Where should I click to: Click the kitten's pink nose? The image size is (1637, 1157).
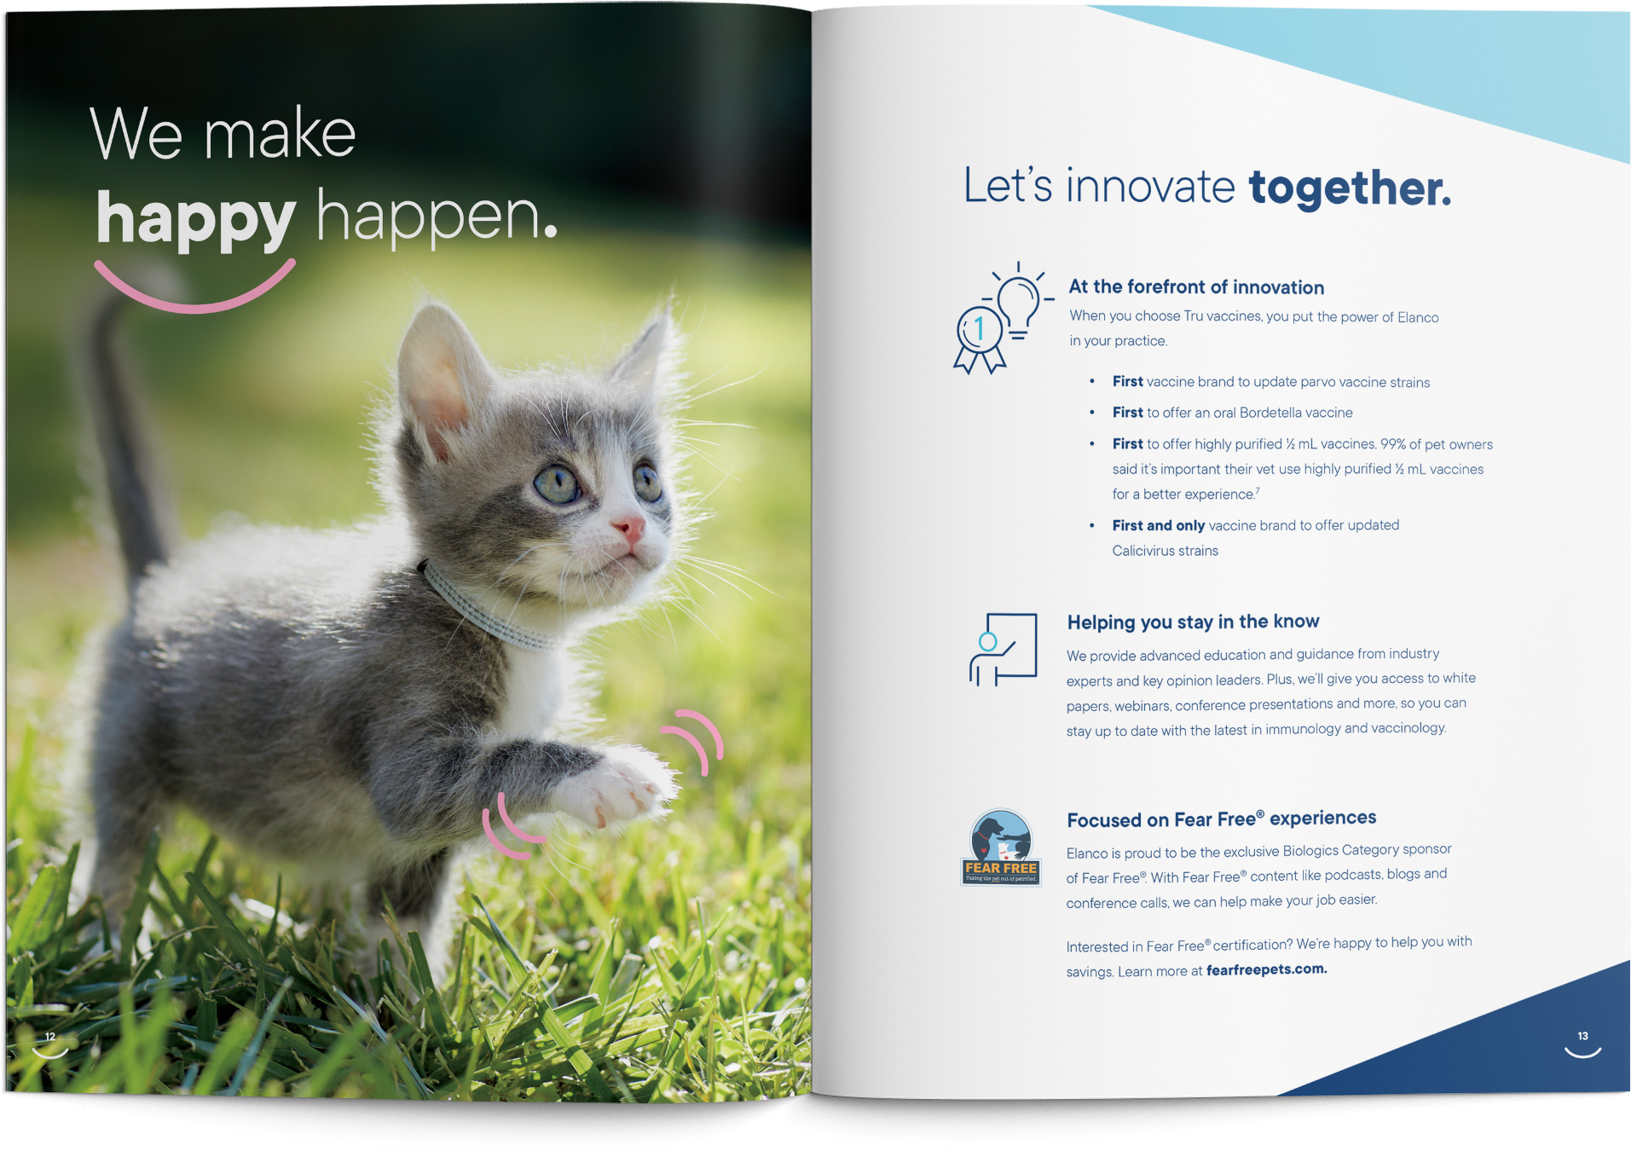pyautogui.click(x=628, y=529)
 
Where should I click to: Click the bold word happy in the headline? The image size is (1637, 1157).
pyautogui.click(x=195, y=220)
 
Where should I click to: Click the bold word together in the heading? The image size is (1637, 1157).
pyautogui.click(x=1350, y=188)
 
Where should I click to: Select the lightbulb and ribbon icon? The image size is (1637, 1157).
pyautogui.click(x=1003, y=317)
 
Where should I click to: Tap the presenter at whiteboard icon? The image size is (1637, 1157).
pyautogui.click(x=1003, y=649)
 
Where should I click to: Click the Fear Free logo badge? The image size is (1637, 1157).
pyautogui.click(x=1001, y=848)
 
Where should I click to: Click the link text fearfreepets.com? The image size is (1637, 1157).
pyautogui.click(x=1266, y=969)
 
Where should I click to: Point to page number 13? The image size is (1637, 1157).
pyautogui.click(x=1582, y=1036)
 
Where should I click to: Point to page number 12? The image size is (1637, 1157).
pyautogui.click(x=50, y=1037)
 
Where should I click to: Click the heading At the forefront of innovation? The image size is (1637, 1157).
pyautogui.click(x=1196, y=287)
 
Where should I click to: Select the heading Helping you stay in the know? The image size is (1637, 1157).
pyautogui.click(x=1193, y=622)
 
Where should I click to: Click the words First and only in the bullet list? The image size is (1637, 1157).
pyautogui.click(x=1158, y=525)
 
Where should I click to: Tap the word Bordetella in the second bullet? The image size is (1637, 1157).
pyautogui.click(x=1270, y=413)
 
